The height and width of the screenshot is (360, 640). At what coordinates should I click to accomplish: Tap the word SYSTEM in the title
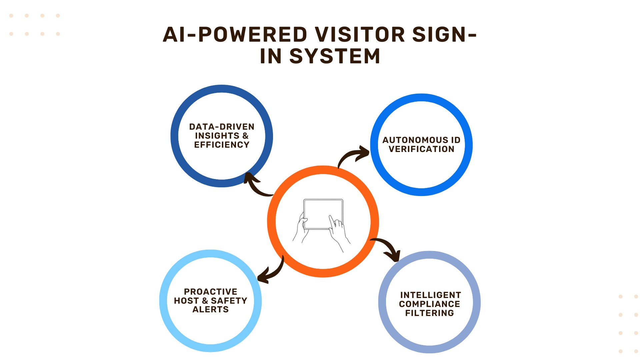(x=335, y=56)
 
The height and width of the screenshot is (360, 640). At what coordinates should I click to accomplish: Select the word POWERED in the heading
(x=253, y=35)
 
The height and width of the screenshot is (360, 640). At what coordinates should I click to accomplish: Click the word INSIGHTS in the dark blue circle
(x=217, y=136)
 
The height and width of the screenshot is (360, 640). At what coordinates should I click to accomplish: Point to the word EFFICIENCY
(x=222, y=145)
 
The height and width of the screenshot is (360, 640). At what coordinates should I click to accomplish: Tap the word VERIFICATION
(x=421, y=149)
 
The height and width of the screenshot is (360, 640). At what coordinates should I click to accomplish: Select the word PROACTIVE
(x=211, y=292)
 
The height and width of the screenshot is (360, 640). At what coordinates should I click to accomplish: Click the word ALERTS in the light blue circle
(x=211, y=309)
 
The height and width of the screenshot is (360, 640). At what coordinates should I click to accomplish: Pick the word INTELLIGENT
(x=430, y=295)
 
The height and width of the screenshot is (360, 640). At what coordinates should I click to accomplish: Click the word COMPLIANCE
(x=429, y=304)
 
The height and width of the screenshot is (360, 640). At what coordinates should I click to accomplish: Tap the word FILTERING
(x=429, y=313)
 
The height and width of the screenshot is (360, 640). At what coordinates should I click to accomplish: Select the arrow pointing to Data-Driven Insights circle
(x=256, y=185)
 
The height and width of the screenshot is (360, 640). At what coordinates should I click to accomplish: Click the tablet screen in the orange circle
(x=323, y=214)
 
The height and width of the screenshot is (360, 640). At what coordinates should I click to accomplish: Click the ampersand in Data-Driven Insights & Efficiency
(x=245, y=136)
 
